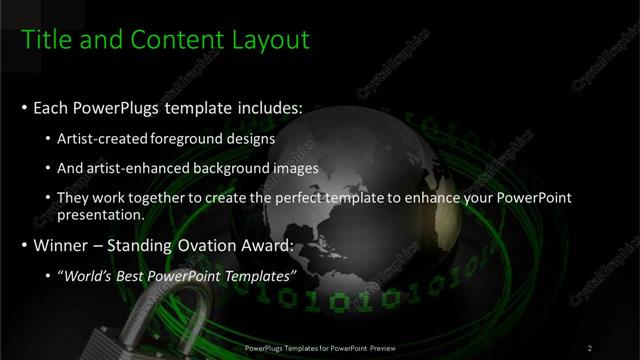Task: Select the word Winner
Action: coord(61,244)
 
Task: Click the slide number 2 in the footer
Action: coord(590,348)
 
